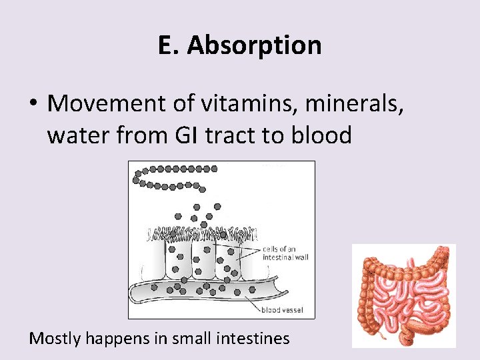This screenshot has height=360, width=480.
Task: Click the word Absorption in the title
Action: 254,45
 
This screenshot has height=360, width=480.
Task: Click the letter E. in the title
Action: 169,45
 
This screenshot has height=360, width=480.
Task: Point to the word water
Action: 75,135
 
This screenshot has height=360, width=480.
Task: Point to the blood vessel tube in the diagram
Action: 200,290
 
